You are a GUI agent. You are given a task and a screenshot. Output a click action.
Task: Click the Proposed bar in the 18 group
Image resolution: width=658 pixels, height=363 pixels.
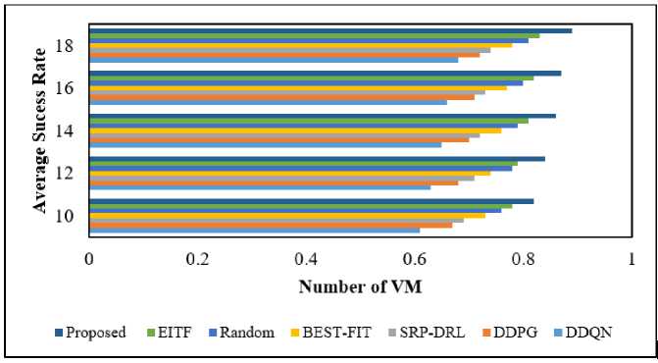[x=330, y=31]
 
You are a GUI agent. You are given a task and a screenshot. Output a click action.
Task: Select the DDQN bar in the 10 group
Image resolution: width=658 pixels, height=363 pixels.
[x=254, y=230]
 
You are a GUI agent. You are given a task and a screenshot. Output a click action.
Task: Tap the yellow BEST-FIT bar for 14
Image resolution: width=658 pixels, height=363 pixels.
[x=295, y=130]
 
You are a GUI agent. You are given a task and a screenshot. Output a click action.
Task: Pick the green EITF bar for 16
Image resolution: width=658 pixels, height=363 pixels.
[x=312, y=78]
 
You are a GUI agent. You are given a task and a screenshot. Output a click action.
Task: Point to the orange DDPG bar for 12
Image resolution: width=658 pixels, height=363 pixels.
[x=274, y=182]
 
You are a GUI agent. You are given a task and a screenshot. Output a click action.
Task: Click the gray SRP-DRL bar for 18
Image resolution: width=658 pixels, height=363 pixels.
[x=289, y=50]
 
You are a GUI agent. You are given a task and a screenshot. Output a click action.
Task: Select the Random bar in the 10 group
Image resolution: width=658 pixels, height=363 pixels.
[x=295, y=211]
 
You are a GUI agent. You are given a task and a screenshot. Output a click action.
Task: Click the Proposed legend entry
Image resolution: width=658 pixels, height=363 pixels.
[x=90, y=333]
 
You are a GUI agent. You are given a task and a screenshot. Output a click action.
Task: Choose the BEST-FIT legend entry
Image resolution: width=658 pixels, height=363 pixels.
[x=330, y=333]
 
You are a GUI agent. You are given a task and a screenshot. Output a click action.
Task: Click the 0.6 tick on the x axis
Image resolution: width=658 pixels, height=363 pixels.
[x=415, y=260]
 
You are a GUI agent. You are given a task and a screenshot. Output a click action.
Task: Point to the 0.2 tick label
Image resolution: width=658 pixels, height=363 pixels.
[x=197, y=260]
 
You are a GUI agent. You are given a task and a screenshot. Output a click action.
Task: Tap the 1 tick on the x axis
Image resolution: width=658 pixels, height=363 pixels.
[x=632, y=260]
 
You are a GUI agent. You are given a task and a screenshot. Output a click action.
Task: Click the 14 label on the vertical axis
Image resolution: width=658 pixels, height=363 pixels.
[x=66, y=131]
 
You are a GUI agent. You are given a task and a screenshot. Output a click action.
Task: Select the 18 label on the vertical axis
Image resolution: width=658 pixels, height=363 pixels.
[x=66, y=45]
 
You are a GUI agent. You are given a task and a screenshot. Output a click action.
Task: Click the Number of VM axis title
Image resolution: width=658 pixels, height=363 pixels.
[x=361, y=287]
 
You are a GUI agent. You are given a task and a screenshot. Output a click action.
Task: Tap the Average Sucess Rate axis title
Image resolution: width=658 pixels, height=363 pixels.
[x=40, y=130]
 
